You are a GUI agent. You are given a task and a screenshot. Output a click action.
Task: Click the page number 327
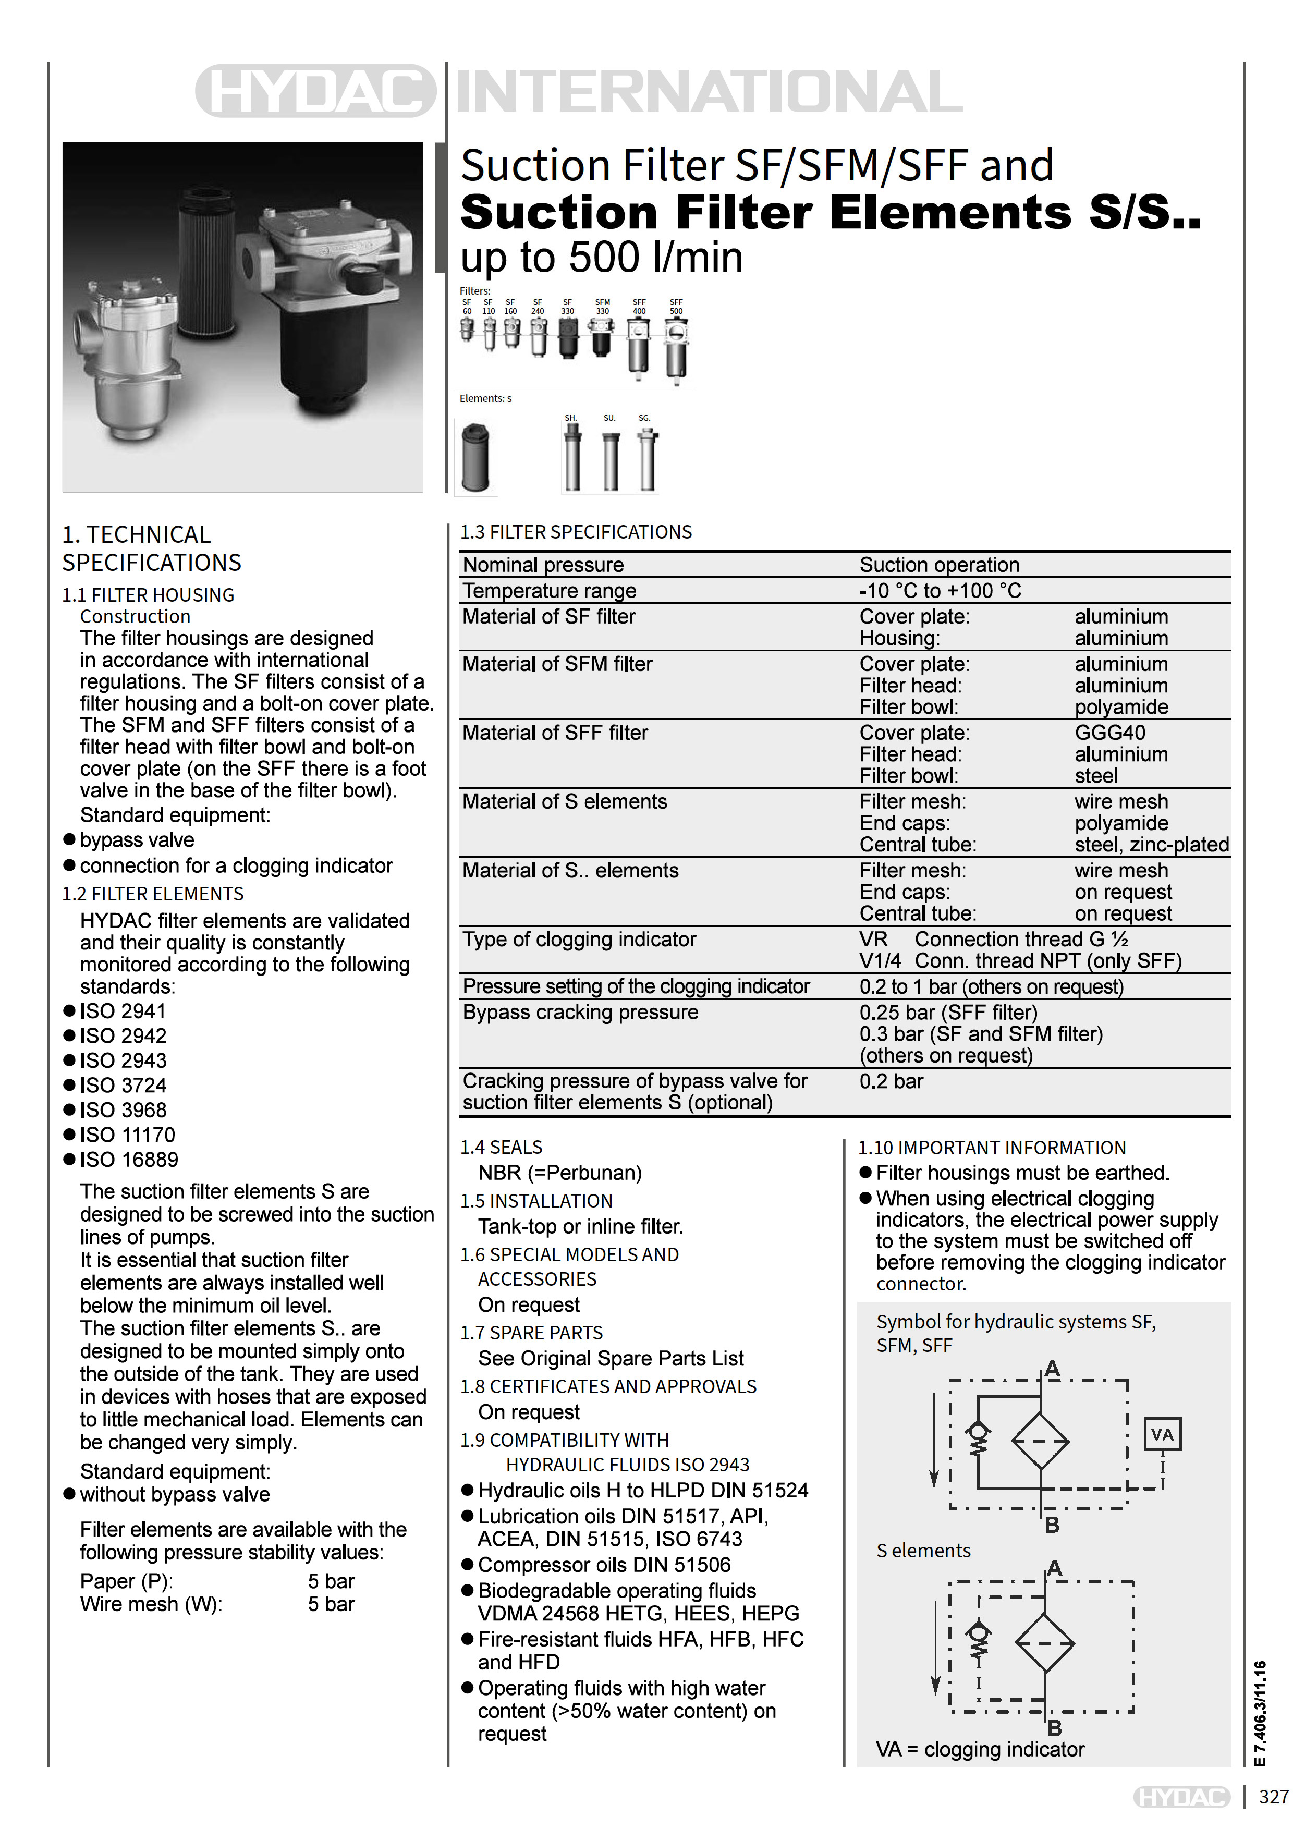[x=1273, y=1796]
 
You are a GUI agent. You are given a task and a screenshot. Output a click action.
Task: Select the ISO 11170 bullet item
[x=127, y=1135]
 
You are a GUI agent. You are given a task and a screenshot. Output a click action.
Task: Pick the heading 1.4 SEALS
[x=501, y=1147]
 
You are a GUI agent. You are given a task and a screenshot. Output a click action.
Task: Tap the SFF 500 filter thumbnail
[x=676, y=349]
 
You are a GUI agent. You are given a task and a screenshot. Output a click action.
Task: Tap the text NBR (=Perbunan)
[x=559, y=1173]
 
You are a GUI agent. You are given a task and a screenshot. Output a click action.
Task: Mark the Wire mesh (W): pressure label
[x=151, y=1604]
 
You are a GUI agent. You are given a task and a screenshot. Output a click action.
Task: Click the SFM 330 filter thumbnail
[x=602, y=338]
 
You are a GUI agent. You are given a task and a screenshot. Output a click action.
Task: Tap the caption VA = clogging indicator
[x=980, y=1749]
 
